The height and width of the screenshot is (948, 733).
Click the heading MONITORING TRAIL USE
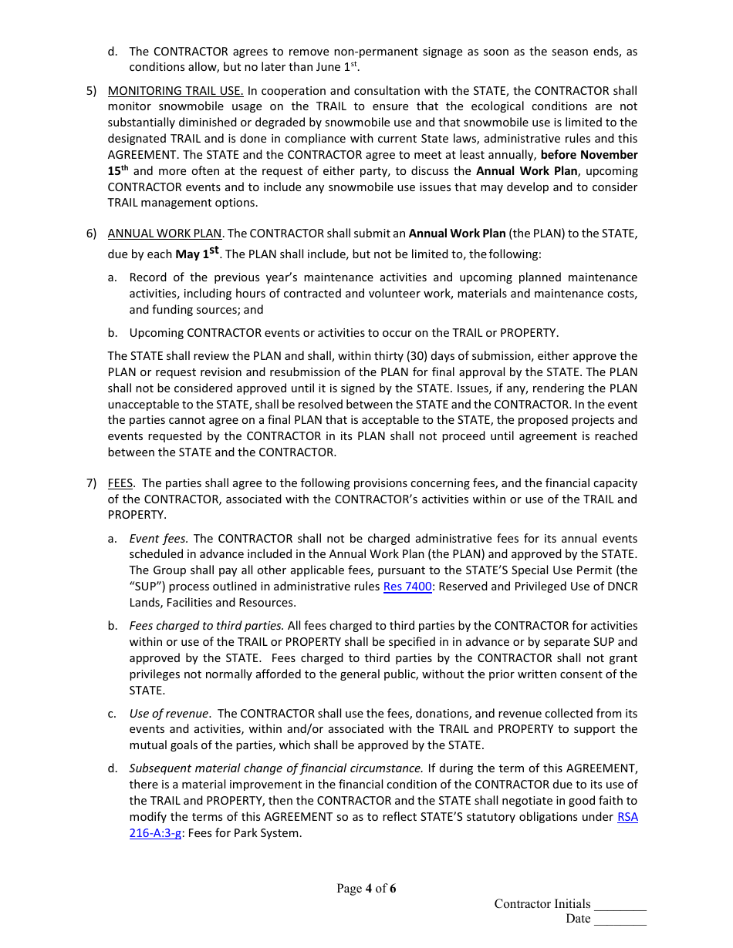(175, 91)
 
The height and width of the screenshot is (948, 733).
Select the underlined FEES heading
(120, 483)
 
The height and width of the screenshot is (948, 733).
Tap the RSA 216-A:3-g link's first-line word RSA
(627, 817)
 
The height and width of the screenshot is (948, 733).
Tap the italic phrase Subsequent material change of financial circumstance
(275, 768)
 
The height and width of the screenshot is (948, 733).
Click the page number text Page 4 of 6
(366, 889)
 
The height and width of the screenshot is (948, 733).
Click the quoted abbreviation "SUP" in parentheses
(143, 587)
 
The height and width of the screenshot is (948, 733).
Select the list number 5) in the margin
(91, 91)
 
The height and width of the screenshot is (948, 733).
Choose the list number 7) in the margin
(91, 483)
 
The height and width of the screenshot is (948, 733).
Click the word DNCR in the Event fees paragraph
(622, 587)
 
